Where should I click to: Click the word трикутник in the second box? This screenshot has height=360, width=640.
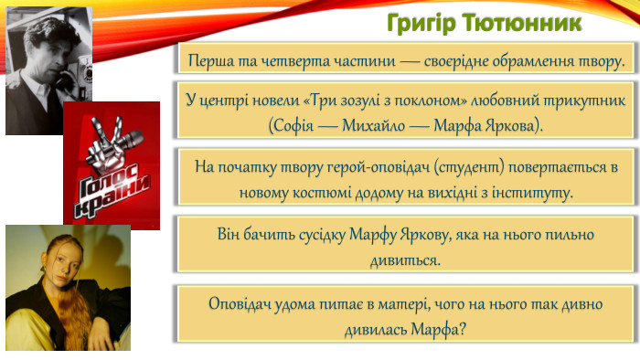pyautogui.click(x=581, y=101)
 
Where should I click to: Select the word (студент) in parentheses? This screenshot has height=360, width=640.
pyautogui.click(x=462, y=170)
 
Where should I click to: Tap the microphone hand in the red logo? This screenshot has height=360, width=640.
pyautogui.click(x=112, y=140)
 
